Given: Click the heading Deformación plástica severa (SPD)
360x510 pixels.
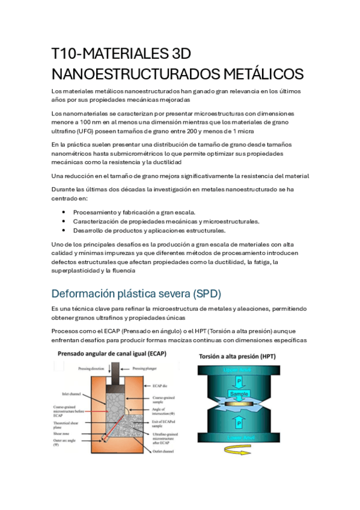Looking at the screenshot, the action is coord(136,294).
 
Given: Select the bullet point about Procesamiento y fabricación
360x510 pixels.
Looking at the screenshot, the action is coord(133,212).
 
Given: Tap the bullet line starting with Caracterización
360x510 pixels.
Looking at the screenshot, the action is coord(166,221).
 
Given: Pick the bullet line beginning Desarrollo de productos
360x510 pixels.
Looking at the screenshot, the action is coord(149,230).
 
